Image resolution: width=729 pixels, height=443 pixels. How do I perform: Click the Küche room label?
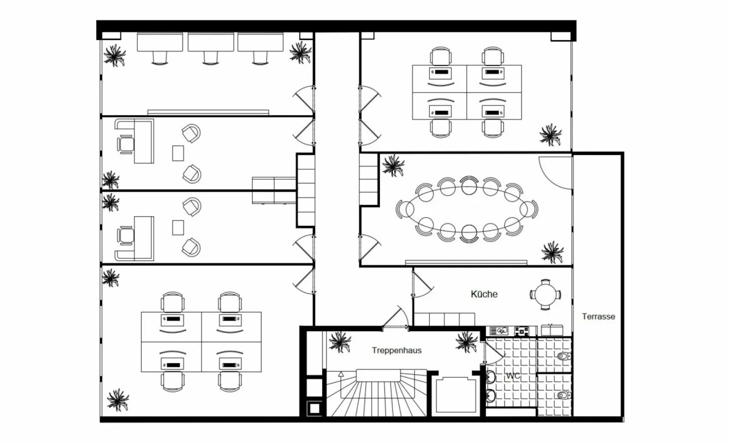[x=484, y=294]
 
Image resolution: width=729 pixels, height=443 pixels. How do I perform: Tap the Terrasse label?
[x=598, y=316]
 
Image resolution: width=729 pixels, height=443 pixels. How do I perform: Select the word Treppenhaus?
[x=397, y=350]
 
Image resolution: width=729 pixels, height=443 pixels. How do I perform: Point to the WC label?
[x=513, y=376]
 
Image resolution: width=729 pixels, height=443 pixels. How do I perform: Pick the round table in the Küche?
[x=546, y=295]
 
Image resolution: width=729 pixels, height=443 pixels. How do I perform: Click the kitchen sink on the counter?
[x=499, y=331]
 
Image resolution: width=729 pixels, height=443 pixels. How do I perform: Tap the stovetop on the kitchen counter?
[x=521, y=331]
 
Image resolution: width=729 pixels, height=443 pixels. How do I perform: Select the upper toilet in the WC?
[x=563, y=356]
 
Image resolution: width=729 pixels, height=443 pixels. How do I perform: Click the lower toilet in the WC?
[x=563, y=395]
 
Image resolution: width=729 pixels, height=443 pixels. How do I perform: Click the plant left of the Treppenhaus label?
[x=340, y=342]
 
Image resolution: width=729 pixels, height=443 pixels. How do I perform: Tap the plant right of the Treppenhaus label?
[x=466, y=342]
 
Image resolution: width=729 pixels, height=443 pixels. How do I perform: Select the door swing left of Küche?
[x=422, y=285]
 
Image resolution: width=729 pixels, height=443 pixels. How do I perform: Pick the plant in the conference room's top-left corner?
[x=393, y=166]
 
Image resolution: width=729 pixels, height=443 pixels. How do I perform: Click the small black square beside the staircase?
[x=314, y=408]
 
